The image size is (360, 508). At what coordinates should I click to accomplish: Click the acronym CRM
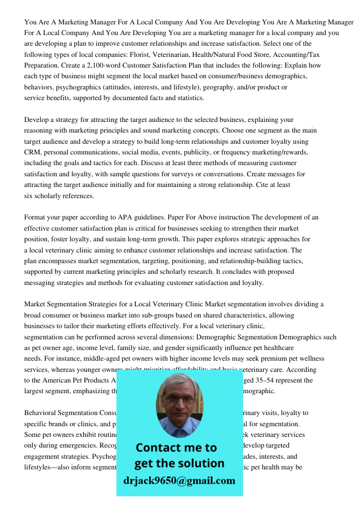[33, 152]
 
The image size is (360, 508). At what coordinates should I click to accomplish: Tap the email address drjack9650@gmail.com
[179, 481]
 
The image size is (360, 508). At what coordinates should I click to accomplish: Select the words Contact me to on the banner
[176, 448]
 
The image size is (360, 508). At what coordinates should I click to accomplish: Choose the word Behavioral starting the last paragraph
[43, 413]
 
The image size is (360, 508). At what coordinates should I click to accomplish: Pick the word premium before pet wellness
[272, 359]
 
